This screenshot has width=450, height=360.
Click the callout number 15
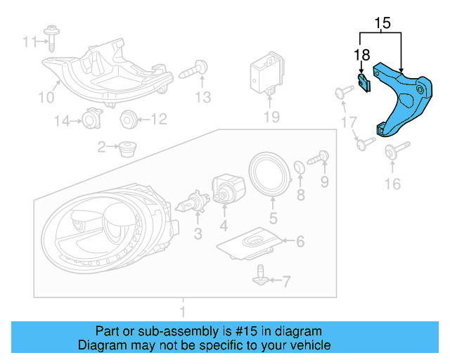click(382, 22)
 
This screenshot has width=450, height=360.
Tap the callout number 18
click(361, 54)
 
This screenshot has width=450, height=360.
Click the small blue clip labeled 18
click(364, 84)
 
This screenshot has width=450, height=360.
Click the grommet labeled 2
click(127, 149)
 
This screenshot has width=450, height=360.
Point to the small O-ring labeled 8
click(298, 167)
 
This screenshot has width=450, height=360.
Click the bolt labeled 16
click(392, 153)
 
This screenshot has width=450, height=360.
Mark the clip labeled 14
click(91, 120)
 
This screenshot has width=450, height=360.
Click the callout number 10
click(45, 97)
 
